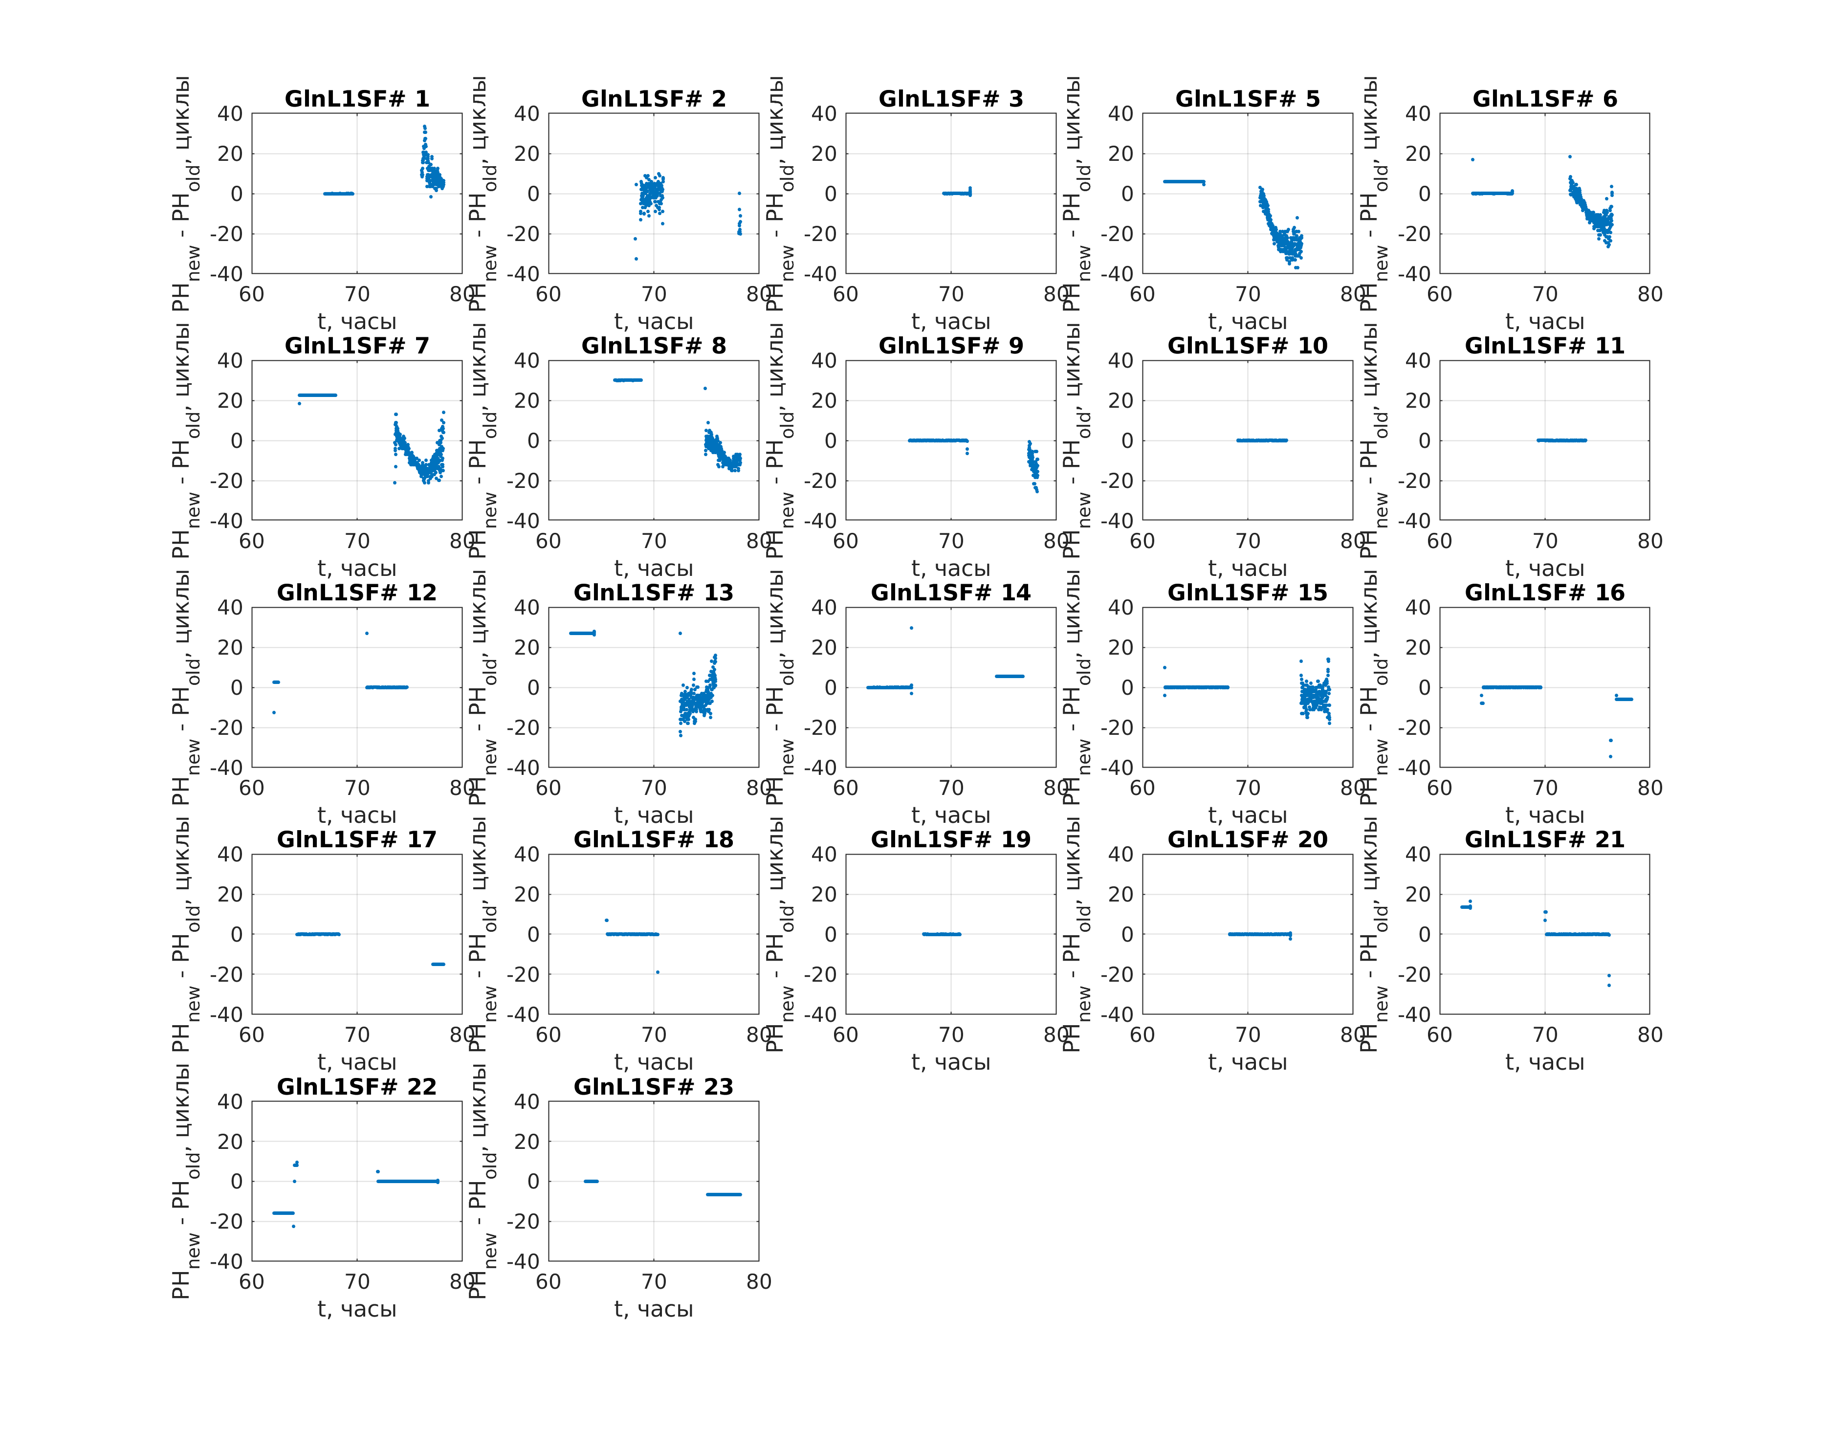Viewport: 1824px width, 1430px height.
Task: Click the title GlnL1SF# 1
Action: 356,99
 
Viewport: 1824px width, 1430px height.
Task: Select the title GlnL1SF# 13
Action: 653,593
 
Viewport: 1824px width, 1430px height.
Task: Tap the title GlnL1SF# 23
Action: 653,1087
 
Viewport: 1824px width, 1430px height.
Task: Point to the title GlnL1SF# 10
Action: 1247,346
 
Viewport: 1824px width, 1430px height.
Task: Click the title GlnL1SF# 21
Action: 1544,840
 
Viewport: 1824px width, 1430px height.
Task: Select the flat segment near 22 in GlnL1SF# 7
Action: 318,395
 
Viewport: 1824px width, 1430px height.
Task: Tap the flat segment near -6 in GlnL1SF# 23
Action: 723,1194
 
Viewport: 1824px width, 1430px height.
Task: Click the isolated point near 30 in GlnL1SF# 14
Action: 911,628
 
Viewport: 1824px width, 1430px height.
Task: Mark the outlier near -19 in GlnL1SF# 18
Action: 657,972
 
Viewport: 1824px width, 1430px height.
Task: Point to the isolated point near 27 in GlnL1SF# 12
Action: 367,633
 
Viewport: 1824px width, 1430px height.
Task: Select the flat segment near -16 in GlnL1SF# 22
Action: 283,1212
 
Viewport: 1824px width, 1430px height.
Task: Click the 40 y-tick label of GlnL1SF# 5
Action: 1120,114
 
